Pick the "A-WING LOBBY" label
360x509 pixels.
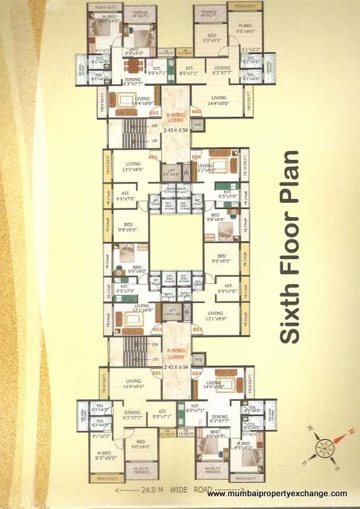click(176, 354)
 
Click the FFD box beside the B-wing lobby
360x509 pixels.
click(198, 125)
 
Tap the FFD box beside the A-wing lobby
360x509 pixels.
click(198, 359)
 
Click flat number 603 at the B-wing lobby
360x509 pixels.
click(196, 112)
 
